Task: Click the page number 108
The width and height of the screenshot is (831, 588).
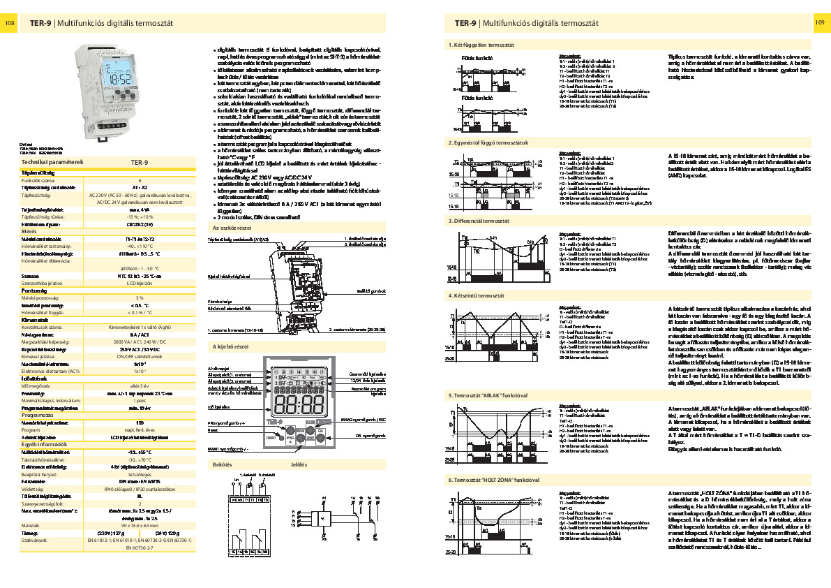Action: point(10,23)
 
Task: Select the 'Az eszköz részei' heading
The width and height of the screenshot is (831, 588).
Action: point(232,228)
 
